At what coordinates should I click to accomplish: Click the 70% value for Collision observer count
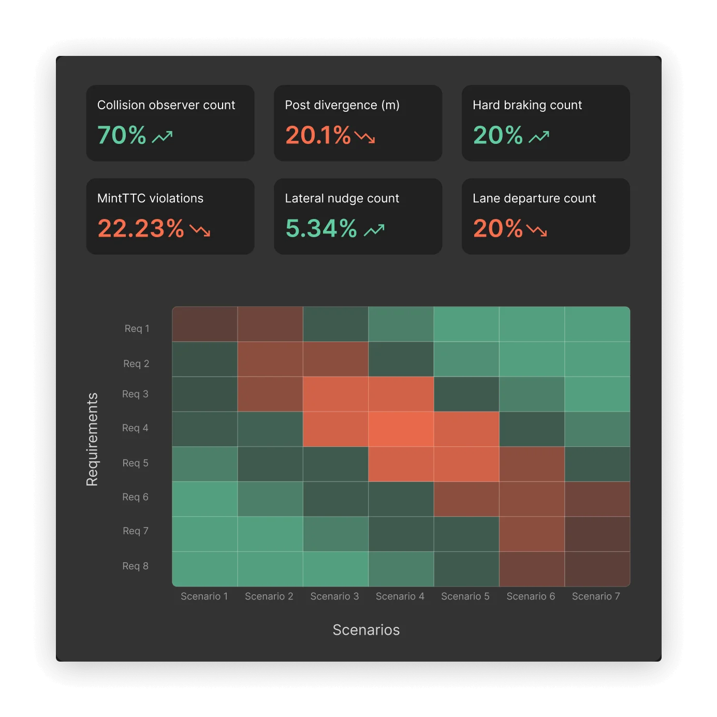(x=122, y=136)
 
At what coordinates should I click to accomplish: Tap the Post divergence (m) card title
(x=342, y=105)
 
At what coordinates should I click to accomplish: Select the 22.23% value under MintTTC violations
(x=141, y=229)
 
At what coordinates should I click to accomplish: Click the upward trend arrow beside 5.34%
(x=374, y=230)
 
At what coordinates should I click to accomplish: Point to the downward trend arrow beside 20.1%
(x=365, y=137)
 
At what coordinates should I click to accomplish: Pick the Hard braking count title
(x=527, y=105)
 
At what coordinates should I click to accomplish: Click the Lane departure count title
(x=534, y=198)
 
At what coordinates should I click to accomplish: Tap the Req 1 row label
(x=137, y=329)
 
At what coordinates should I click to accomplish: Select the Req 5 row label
(x=135, y=463)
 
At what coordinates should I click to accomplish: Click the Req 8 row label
(x=135, y=566)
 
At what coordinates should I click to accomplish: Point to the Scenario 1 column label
(x=204, y=596)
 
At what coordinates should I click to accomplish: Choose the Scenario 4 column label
(x=400, y=596)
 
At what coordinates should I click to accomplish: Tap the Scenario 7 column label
(x=595, y=596)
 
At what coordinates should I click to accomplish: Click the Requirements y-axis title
(x=92, y=440)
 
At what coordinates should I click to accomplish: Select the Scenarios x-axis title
(x=366, y=630)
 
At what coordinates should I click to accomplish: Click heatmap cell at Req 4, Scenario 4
(x=401, y=429)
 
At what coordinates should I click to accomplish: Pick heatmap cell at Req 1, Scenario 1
(x=205, y=324)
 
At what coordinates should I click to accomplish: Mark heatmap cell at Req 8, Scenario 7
(x=597, y=569)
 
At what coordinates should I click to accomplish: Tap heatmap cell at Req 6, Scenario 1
(x=205, y=499)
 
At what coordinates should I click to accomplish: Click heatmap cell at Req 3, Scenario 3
(x=335, y=394)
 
